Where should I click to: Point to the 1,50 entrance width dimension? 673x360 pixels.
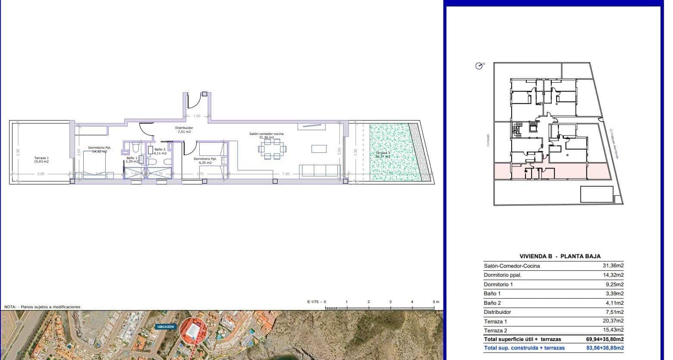[x=197, y=116]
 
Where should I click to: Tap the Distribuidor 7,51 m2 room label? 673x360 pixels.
[x=184, y=130]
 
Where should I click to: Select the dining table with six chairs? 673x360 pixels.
[x=272, y=149]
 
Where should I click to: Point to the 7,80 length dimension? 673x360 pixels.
[x=286, y=174]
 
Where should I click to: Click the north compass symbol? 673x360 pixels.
[x=479, y=66]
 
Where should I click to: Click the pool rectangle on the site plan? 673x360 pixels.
[x=597, y=194]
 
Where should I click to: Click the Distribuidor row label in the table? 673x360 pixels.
[x=497, y=312]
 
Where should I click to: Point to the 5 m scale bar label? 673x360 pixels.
[x=436, y=302]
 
